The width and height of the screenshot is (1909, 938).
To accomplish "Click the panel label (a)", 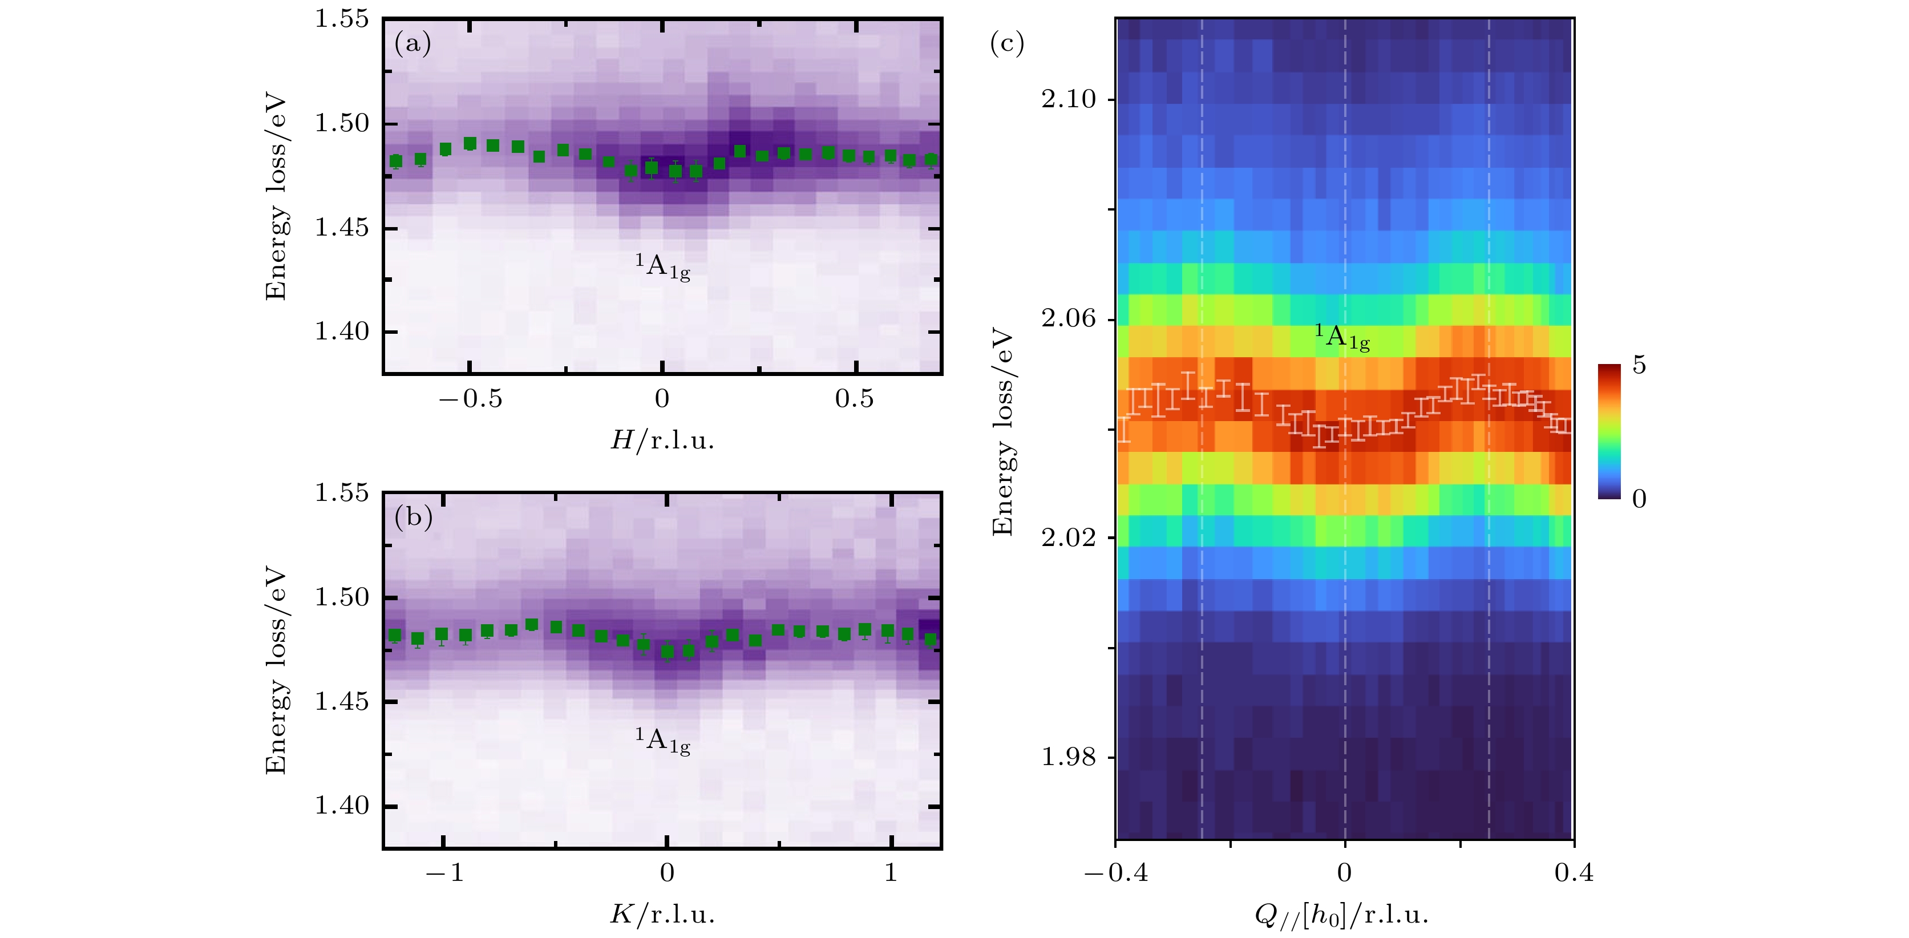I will [x=412, y=45].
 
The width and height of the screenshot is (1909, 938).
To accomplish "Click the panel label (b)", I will [x=412, y=516].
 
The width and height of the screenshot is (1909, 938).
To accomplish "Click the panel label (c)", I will [x=1006, y=45].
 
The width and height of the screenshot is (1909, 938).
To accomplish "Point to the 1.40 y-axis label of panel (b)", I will [x=342, y=806].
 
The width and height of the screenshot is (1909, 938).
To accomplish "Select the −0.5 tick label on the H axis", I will [x=471, y=400].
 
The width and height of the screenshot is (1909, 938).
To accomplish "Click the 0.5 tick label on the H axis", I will [x=855, y=400].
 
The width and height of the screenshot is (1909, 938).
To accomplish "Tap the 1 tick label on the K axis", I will [x=891, y=874].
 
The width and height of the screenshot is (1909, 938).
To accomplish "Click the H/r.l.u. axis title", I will [x=662, y=442].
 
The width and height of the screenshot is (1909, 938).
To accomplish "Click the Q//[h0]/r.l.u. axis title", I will [x=1341, y=916].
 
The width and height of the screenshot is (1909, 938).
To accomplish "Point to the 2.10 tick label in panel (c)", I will [x=1068, y=99].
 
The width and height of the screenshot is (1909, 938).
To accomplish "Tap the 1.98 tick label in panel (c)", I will [x=1068, y=757].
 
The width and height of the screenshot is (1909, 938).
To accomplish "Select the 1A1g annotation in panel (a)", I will [x=662, y=266].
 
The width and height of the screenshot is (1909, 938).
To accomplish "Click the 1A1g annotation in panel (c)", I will [x=1342, y=337].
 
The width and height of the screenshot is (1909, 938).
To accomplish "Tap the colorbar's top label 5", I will [x=1639, y=365].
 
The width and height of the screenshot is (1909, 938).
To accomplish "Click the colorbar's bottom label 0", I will [x=1639, y=499].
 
